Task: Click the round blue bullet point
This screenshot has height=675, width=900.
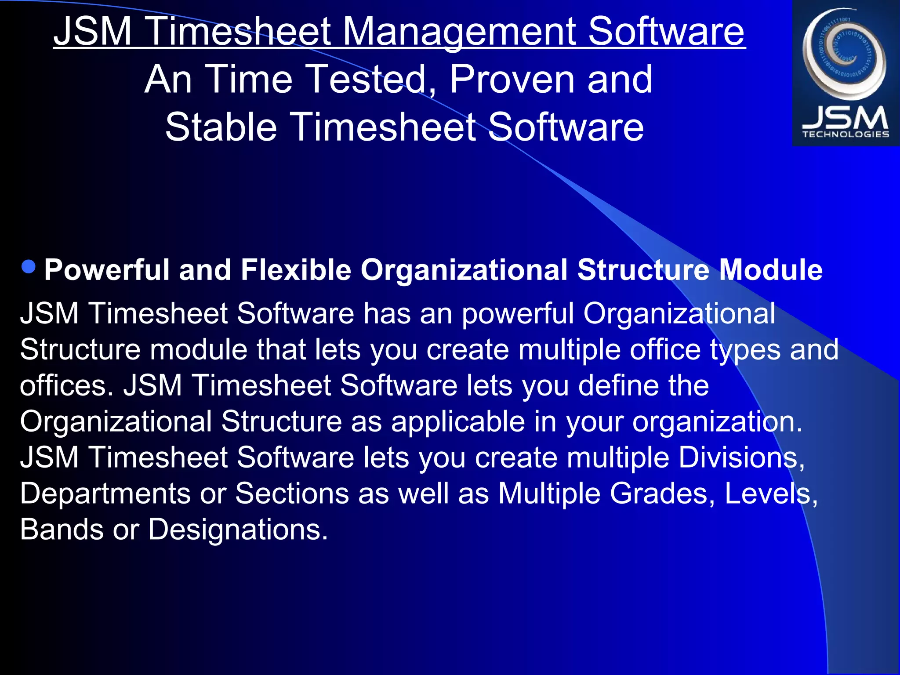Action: click(29, 267)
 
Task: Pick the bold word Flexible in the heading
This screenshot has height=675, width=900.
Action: click(296, 269)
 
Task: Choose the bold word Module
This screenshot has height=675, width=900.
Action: click(770, 269)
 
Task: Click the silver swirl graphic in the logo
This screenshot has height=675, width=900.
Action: click(844, 53)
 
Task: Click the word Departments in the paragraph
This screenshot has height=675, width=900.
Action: click(105, 494)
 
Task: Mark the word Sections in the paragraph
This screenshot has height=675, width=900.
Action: click(292, 494)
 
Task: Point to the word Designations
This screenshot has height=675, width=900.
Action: click(237, 530)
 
